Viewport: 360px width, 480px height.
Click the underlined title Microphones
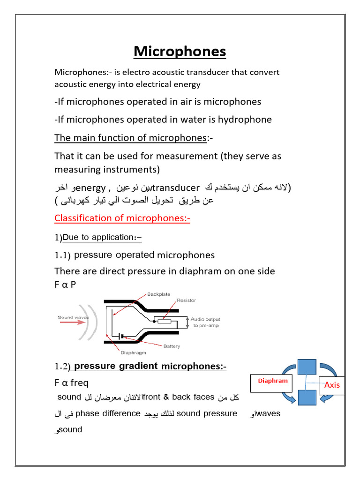180,51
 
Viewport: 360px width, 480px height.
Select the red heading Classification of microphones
122,218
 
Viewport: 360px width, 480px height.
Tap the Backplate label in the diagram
159,294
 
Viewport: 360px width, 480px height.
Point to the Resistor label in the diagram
186,300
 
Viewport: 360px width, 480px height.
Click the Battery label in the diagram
171,346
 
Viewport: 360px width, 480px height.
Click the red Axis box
331,385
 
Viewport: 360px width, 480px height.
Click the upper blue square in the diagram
307,367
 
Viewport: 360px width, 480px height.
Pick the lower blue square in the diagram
307,397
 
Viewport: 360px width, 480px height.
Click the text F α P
65,285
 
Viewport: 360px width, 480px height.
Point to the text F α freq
71,383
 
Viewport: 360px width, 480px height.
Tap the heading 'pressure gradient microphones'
150,366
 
